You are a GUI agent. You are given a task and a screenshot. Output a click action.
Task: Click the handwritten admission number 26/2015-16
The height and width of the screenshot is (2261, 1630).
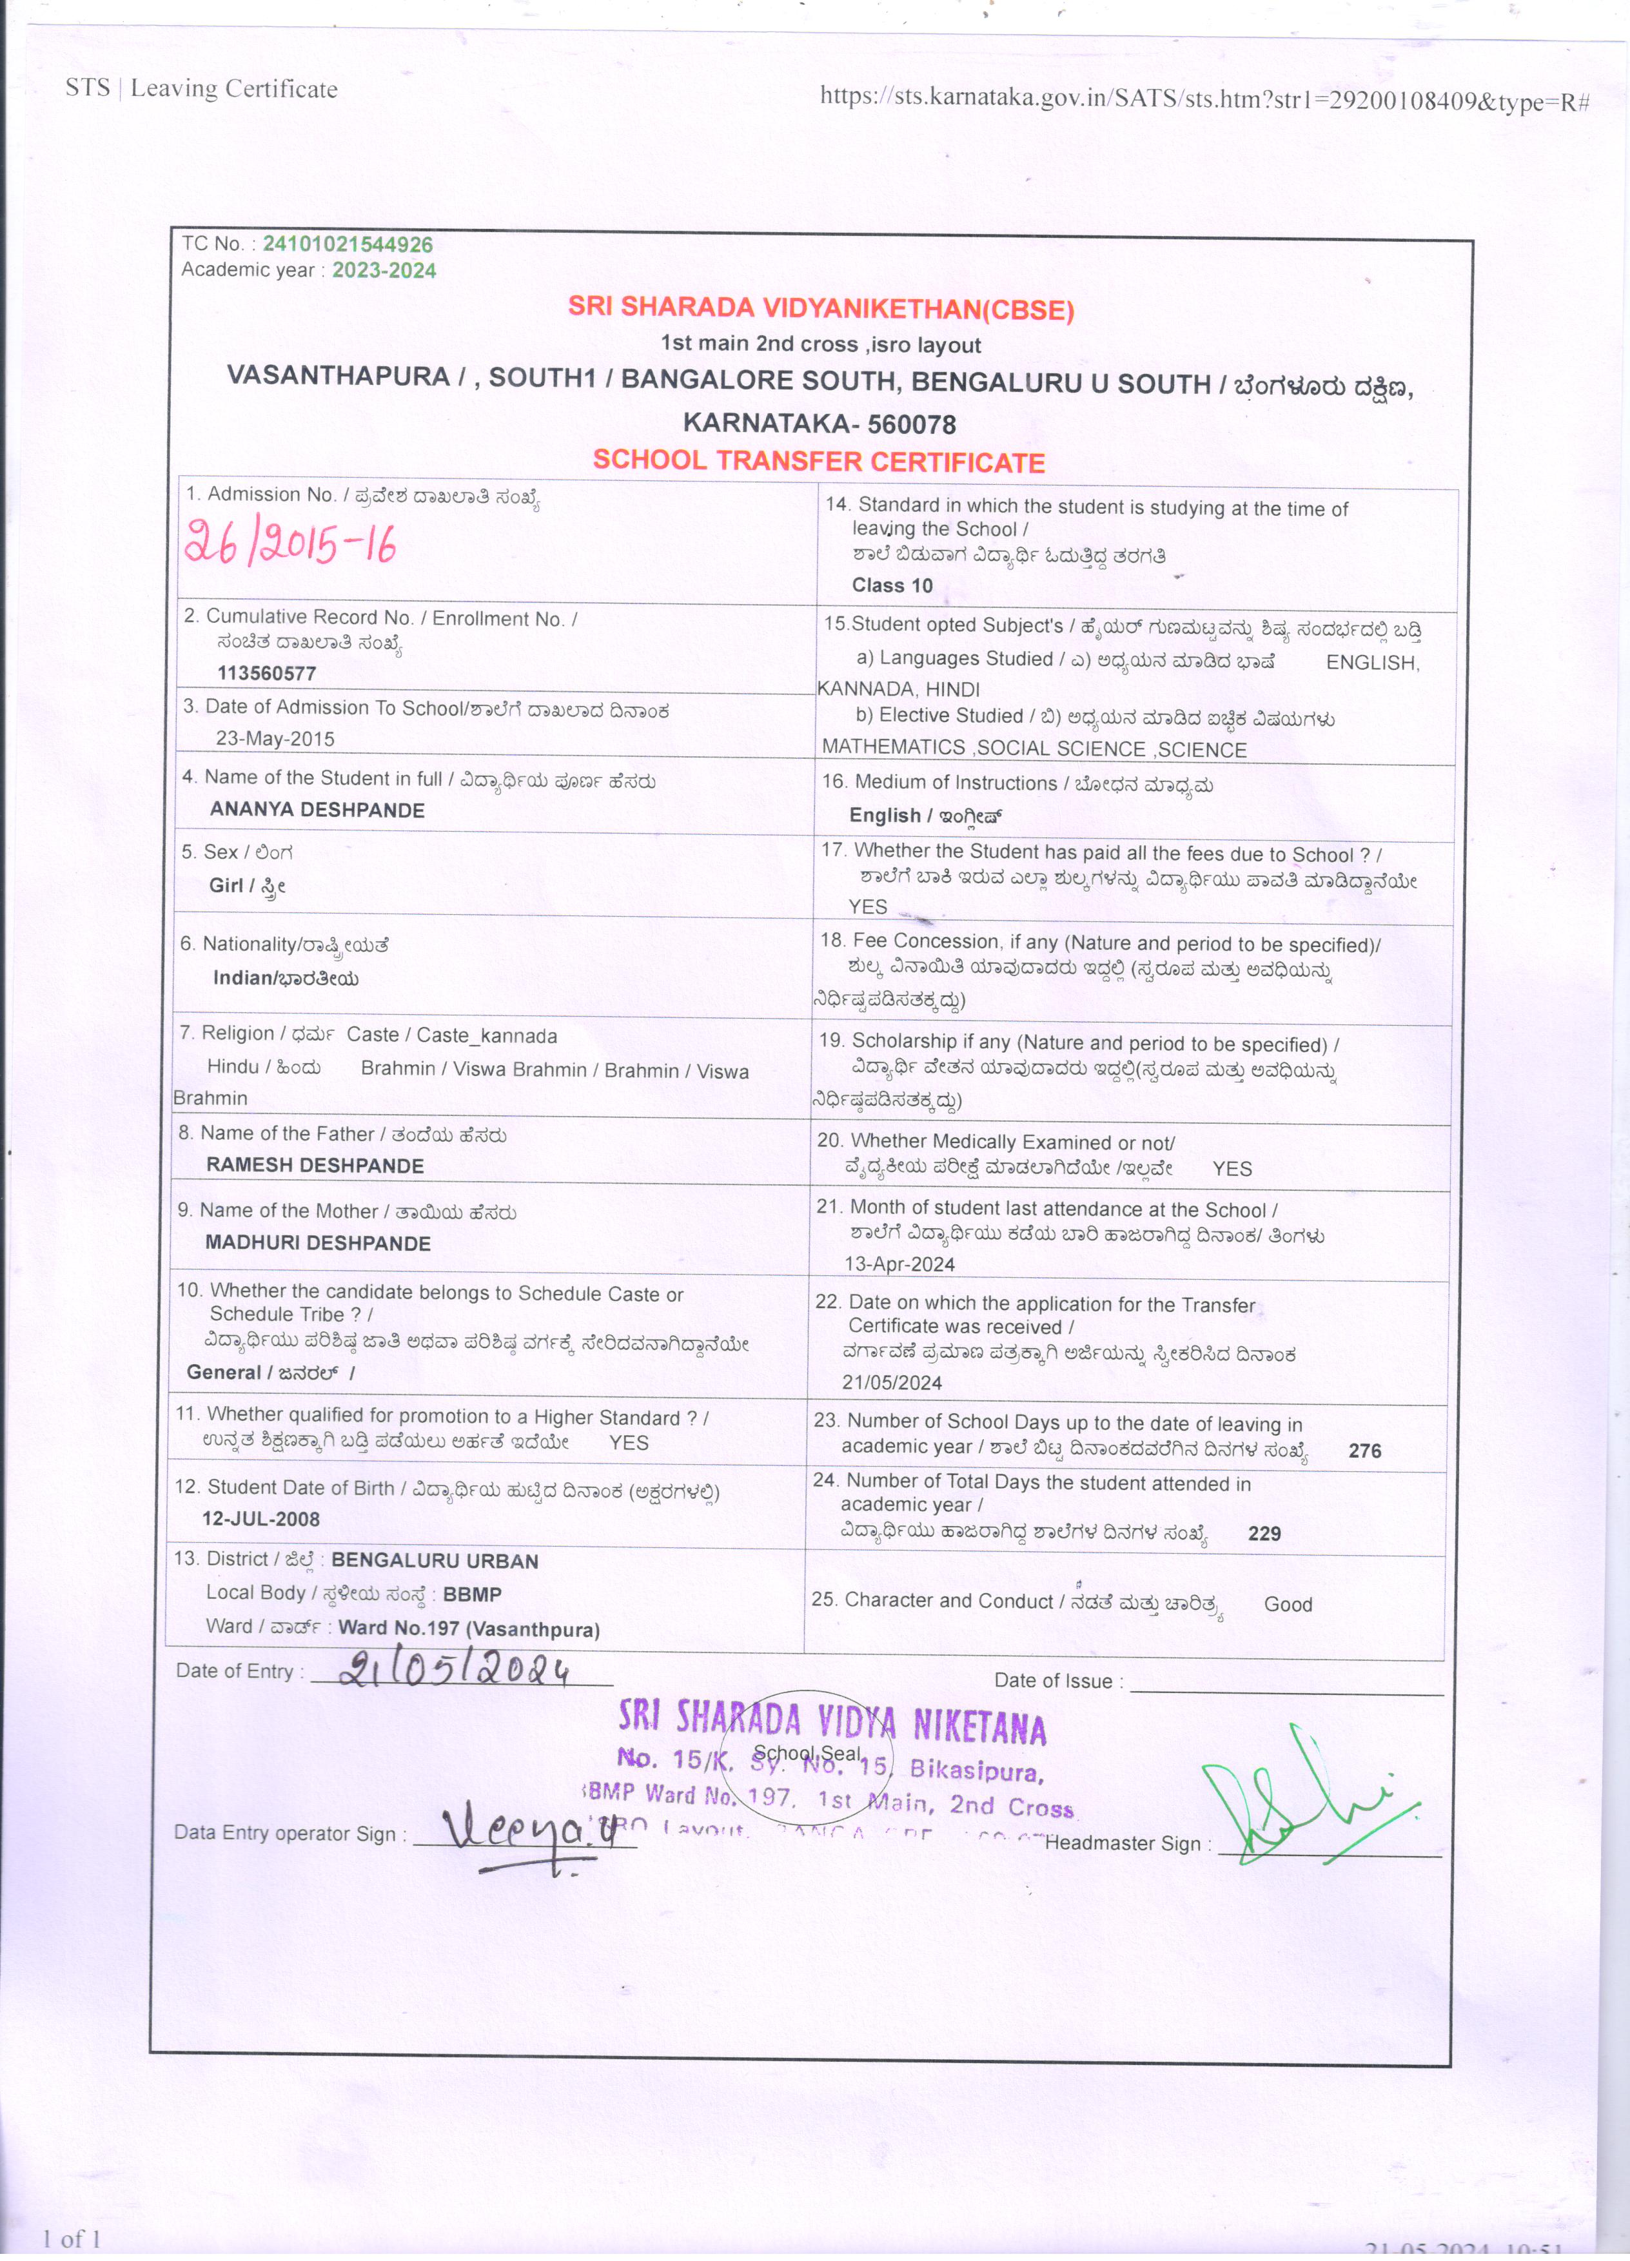point(290,544)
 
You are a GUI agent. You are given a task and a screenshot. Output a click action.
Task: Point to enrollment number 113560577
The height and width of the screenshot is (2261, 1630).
point(266,673)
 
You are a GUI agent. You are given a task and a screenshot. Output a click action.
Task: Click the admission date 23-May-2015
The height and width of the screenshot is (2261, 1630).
point(275,739)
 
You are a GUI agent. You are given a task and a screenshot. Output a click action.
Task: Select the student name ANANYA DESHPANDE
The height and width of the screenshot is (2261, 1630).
point(317,810)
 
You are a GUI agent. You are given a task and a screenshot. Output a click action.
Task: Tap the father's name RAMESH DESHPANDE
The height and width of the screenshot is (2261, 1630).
point(315,1166)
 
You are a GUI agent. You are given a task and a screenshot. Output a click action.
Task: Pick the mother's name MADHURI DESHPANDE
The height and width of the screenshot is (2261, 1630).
point(318,1243)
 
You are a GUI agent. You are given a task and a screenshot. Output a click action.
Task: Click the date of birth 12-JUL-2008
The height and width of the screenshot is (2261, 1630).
point(261,1520)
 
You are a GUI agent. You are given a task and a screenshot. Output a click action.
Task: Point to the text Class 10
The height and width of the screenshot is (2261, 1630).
point(892,585)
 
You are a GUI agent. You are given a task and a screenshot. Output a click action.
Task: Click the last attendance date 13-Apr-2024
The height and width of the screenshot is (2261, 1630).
point(899,1264)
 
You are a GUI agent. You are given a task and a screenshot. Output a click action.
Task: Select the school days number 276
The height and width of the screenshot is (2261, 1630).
point(1365,1451)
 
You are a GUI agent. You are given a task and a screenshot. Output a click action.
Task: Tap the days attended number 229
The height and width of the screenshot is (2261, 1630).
point(1264,1533)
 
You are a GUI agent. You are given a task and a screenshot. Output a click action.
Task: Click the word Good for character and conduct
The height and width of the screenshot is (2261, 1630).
point(1288,1604)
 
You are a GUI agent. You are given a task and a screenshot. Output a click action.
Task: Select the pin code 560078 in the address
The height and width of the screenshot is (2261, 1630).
point(911,425)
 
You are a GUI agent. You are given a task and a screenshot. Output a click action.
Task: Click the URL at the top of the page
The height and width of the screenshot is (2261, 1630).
point(1203,99)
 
